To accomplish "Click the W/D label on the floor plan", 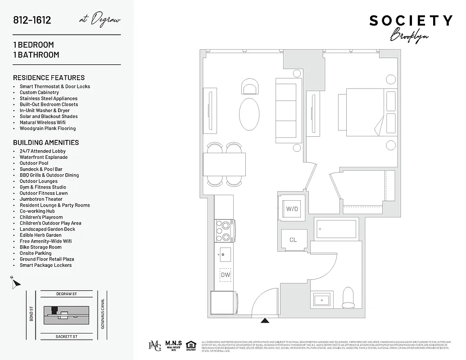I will coord(292,209).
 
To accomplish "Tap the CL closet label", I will coord(293,240).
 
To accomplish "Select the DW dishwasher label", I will coord(225,274).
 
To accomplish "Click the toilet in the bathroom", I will coord(349,297).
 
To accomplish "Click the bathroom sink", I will coord(322,299).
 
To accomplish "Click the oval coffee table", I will coord(249,113).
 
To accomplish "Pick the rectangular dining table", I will coord(225,164).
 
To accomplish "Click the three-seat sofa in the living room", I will coord(287,111).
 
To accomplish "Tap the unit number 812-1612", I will coord(32,20).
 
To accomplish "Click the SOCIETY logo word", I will coord(411,21).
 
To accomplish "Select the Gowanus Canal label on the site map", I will coord(103,314).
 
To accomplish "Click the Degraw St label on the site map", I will coord(67,294).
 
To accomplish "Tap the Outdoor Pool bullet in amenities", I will coord(34,163).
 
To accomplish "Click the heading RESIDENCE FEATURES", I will coord(49,77).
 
